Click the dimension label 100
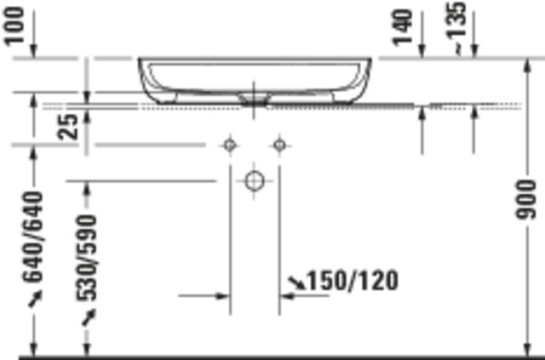point(14,26)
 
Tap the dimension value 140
point(403,28)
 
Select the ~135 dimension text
point(456,28)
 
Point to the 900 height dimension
point(526,199)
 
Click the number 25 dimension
point(68,127)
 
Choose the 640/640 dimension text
point(33,237)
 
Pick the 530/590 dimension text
point(87,258)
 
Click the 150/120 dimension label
point(353,281)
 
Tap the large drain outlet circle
point(255,181)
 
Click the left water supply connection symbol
point(230,145)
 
